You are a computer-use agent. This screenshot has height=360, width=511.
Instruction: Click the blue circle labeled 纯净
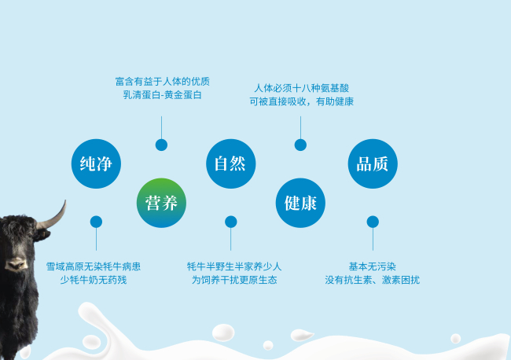coord(96,163)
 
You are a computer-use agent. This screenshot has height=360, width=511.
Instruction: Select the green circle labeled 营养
coord(161,203)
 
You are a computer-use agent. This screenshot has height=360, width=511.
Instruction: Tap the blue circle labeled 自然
coord(230,163)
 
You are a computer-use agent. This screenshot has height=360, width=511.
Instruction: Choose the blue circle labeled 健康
coord(300,203)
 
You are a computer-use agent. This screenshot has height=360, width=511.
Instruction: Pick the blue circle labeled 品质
coord(373,163)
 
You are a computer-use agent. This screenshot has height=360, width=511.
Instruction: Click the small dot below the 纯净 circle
coord(96,222)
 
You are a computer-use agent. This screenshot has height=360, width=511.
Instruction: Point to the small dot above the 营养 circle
coord(161,145)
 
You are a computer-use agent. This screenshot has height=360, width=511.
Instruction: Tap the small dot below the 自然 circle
coord(230,222)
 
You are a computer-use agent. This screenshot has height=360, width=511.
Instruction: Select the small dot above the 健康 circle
coord(300,145)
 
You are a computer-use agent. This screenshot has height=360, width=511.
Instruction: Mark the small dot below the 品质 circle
coord(373,222)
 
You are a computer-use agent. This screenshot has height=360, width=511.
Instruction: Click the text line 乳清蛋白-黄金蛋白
coord(162,95)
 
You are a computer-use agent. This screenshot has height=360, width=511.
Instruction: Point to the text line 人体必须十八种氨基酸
coord(301,88)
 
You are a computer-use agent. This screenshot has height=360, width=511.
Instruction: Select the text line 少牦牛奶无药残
coord(94,280)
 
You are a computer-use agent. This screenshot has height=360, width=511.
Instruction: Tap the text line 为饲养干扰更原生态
coord(234,280)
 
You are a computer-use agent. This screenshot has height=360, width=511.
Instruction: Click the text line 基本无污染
coord(373,266)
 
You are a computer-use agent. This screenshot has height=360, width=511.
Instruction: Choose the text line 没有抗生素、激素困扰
coord(372,280)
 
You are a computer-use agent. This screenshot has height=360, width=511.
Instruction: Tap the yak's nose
coord(16,264)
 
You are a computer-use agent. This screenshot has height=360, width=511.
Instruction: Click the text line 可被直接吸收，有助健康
coord(301,101)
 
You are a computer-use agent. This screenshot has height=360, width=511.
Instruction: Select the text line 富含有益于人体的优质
coord(162,82)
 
